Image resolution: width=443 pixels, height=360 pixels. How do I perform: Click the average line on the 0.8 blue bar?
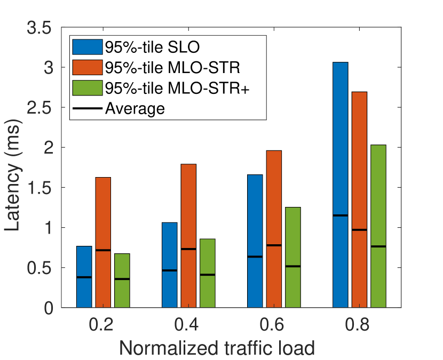coord(340,215)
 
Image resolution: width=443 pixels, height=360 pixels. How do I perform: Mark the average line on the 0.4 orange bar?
coord(188,249)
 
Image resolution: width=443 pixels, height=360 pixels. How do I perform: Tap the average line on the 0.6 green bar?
coord(293,266)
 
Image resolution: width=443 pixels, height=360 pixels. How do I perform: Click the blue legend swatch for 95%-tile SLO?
coord(88,47)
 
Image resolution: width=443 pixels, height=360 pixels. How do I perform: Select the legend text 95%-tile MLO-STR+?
coord(177,88)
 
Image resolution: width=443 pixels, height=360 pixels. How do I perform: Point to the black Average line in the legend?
coord(88,108)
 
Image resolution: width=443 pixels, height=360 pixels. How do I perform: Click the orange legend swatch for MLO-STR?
coord(88,68)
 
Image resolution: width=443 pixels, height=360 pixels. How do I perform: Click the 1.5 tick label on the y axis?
coord(39,187)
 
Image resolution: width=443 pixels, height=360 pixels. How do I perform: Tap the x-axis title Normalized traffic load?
coord(216,348)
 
